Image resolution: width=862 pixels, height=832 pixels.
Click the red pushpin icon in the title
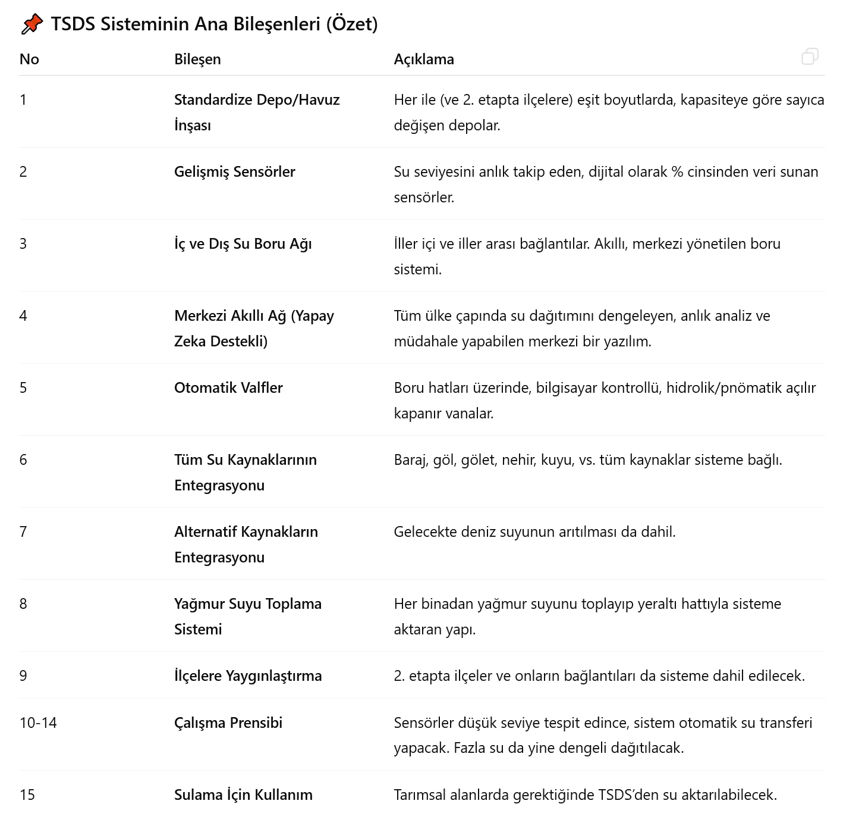pos(32,24)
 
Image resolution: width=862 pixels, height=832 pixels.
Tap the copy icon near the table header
pos(810,57)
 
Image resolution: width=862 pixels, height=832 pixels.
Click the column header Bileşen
pos(197,59)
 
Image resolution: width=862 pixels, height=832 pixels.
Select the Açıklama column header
pos(424,59)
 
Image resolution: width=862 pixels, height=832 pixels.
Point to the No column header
pos(29,59)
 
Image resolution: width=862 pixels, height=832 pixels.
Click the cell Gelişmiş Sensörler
pos(234,171)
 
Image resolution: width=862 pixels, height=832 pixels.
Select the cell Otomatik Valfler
pos(228,387)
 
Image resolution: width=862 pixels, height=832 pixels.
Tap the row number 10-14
pos(38,722)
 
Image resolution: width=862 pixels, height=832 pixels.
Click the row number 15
pos(27,795)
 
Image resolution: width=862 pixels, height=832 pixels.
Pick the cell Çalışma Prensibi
pos(228,722)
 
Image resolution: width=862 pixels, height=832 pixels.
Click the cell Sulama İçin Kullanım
pos(243,795)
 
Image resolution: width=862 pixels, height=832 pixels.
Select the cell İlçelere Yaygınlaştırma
pos(248,675)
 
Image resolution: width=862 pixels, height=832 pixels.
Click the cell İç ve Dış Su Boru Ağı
pos(243,243)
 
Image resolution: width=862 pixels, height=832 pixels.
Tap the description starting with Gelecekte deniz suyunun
pos(534,531)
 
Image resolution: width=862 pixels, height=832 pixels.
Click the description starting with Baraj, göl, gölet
pos(587,459)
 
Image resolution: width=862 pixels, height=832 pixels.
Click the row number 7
pos(23,531)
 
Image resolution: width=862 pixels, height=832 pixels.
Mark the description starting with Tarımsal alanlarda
pos(585,795)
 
